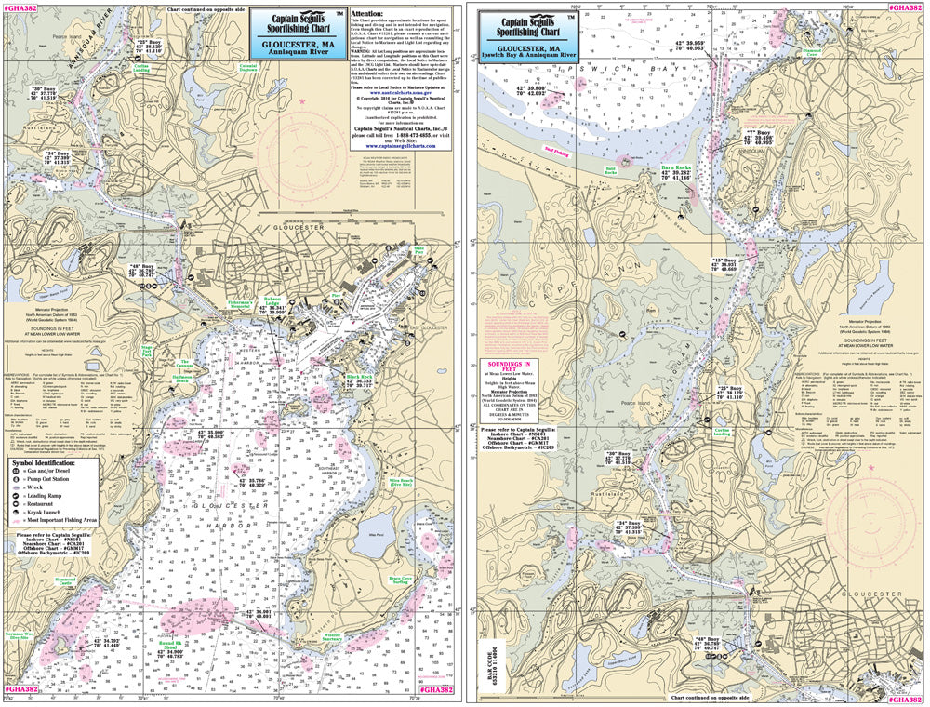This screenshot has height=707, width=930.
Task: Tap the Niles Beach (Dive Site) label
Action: pyautogui.click(x=402, y=481)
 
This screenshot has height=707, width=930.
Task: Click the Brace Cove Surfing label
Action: pyautogui.click(x=402, y=582)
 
